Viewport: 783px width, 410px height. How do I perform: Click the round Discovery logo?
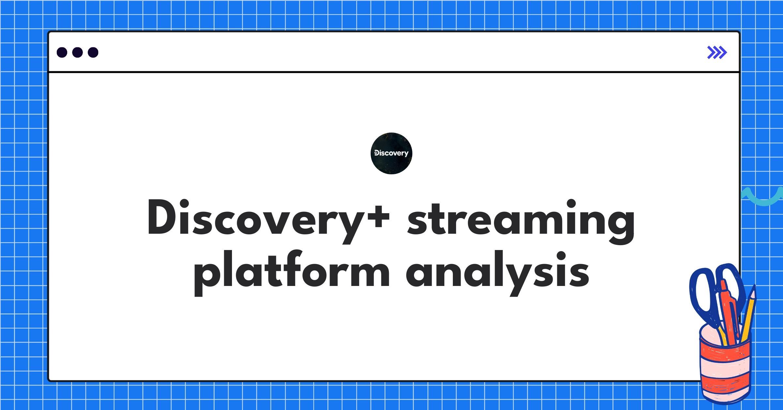tap(391, 153)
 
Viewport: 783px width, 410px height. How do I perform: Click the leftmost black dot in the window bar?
tap(62, 53)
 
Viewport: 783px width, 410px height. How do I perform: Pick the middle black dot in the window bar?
tap(77, 53)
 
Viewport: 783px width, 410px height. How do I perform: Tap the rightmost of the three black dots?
tap(93, 53)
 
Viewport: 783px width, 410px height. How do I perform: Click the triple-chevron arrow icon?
tap(717, 53)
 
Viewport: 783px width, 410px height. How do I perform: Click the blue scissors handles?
tap(705, 294)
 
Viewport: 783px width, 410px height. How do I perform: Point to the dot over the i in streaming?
tap(571, 203)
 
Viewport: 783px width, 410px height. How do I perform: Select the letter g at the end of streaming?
tap(622, 225)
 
